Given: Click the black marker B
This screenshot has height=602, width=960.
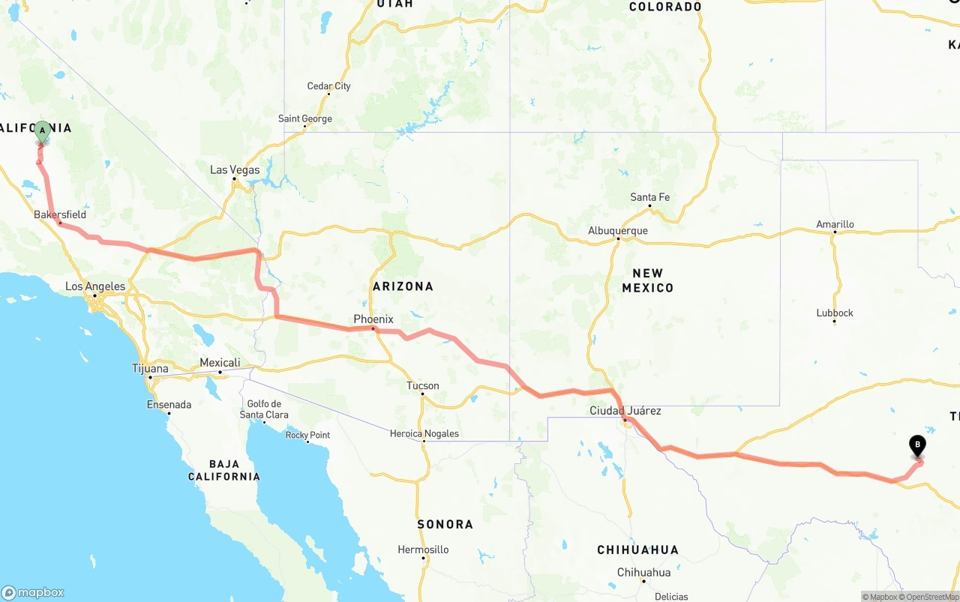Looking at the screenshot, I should tap(917, 445).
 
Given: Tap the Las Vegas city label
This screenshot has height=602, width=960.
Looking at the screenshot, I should tap(235, 170).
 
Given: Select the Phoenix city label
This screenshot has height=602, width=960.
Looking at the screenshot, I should tap(374, 319).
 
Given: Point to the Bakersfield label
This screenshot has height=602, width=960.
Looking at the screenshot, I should tap(60, 214).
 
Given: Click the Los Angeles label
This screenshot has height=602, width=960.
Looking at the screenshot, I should tap(95, 286).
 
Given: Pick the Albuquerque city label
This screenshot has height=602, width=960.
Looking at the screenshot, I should tap(618, 231).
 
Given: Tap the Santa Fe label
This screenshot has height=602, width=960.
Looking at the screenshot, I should tap(649, 197).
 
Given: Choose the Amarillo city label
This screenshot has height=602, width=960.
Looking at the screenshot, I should tap(835, 224).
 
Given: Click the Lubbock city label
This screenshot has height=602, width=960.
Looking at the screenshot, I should tap(835, 313).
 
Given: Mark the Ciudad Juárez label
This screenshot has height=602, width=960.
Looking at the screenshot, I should tap(625, 411).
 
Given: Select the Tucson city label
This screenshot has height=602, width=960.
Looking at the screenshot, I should tap(423, 386).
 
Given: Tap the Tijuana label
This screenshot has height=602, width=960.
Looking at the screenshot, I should tap(150, 369).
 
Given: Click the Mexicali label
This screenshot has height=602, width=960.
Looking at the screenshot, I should tap(220, 363).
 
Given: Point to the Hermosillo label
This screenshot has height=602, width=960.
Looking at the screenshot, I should tap(423, 550).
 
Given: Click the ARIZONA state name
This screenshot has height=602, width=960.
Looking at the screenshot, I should tap(403, 286).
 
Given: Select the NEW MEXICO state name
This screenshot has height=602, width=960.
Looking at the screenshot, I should tap(648, 280).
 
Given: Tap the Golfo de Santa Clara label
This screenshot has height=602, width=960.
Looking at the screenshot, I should tap(264, 409).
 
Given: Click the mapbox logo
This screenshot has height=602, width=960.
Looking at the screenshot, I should tap(33, 592).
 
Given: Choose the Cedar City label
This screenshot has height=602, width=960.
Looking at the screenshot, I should tap(328, 86).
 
